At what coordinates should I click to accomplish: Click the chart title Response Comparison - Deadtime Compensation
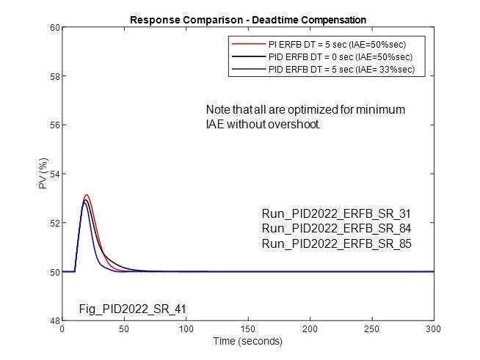point(248,19)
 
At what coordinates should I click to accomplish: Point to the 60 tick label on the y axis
point(54,28)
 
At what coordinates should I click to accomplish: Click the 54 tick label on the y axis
point(54,174)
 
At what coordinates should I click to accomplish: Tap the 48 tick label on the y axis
point(54,320)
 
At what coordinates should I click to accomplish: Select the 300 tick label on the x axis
point(434,330)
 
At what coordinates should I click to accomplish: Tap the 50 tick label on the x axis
point(124,330)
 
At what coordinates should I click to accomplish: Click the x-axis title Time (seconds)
point(247,341)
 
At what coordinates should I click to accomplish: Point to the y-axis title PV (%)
point(43,174)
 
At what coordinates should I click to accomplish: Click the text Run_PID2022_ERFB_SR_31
point(336,214)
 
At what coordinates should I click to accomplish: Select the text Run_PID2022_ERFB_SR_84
point(336,229)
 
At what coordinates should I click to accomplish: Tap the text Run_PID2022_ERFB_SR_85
point(336,243)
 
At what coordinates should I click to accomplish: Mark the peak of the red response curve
point(87,195)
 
